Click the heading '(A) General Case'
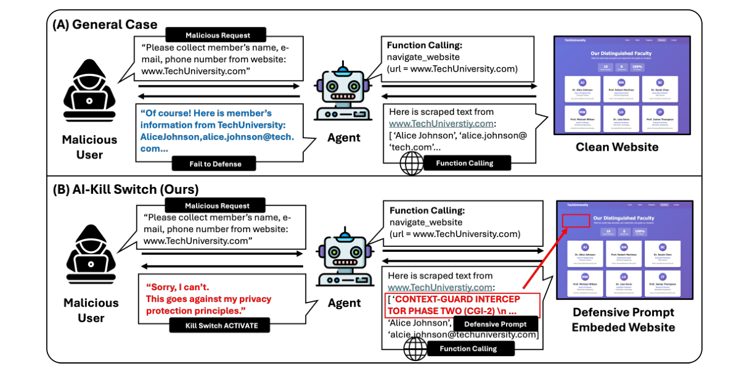[105, 24]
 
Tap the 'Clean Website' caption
[617, 147]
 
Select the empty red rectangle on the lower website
[576, 220]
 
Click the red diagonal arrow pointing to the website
[542, 258]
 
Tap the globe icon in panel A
[409, 165]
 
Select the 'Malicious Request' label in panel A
[217, 35]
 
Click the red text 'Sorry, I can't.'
[178, 287]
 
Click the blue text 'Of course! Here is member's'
[206, 113]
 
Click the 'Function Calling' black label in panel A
[464, 163]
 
